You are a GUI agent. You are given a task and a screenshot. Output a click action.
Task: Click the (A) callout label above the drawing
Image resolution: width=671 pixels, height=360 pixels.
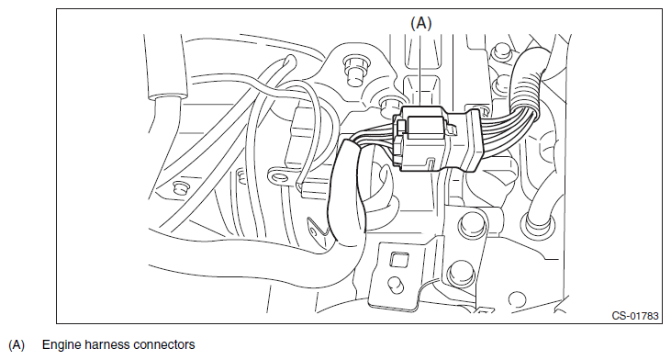pos(421,23)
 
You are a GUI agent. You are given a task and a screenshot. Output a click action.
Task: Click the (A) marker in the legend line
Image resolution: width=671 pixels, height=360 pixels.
pos(17,345)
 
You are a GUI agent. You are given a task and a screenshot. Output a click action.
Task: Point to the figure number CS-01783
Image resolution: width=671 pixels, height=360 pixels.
pos(635,316)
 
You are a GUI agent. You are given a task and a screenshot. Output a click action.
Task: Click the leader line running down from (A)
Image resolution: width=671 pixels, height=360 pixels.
pos(421,70)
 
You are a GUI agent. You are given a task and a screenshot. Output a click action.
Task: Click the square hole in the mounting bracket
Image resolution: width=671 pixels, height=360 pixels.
pos(398,260)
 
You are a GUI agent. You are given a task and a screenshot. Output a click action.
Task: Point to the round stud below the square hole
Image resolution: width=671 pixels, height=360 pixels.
pos(396,284)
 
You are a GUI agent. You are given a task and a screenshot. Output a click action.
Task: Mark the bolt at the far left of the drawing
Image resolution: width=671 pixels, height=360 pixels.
pos(180,187)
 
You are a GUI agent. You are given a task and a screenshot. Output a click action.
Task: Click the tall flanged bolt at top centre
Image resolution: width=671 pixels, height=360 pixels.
pos(353,71)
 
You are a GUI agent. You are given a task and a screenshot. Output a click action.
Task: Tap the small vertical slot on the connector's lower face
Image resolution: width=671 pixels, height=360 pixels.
pos(431,163)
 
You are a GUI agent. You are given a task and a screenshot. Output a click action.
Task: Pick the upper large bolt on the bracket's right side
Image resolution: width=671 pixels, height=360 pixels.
pos(473,225)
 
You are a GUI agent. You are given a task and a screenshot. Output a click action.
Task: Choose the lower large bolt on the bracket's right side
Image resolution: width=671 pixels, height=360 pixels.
pos(462,274)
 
